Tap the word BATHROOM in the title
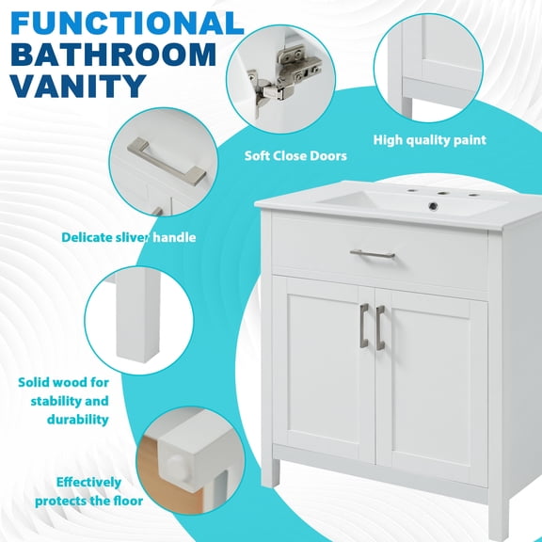pos(112,54)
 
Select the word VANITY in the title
pos(78,86)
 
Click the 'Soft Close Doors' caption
pos(295,155)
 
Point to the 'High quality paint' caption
pos(429,140)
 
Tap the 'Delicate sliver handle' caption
pos(129,237)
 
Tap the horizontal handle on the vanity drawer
pos(373,253)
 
